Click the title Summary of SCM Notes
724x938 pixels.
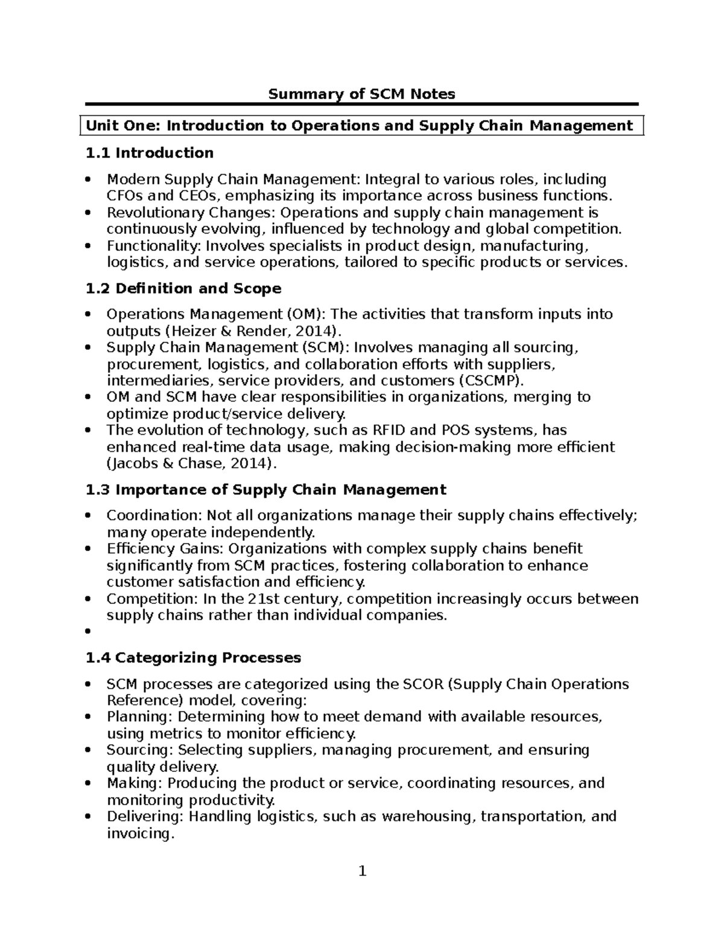pyautogui.click(x=361, y=94)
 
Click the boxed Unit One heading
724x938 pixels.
pyautogui.click(x=360, y=126)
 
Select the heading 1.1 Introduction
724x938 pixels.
pyautogui.click(x=150, y=153)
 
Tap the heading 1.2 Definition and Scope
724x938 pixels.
pyautogui.click(x=183, y=288)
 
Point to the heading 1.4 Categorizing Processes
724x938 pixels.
pyautogui.click(x=193, y=657)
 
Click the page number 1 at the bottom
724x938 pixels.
pyautogui.click(x=362, y=871)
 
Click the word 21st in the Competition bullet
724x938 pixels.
pyautogui.click(x=262, y=599)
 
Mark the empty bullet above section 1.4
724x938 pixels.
pyautogui.click(x=88, y=631)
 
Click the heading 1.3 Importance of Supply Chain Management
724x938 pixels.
pyautogui.click(x=266, y=489)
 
